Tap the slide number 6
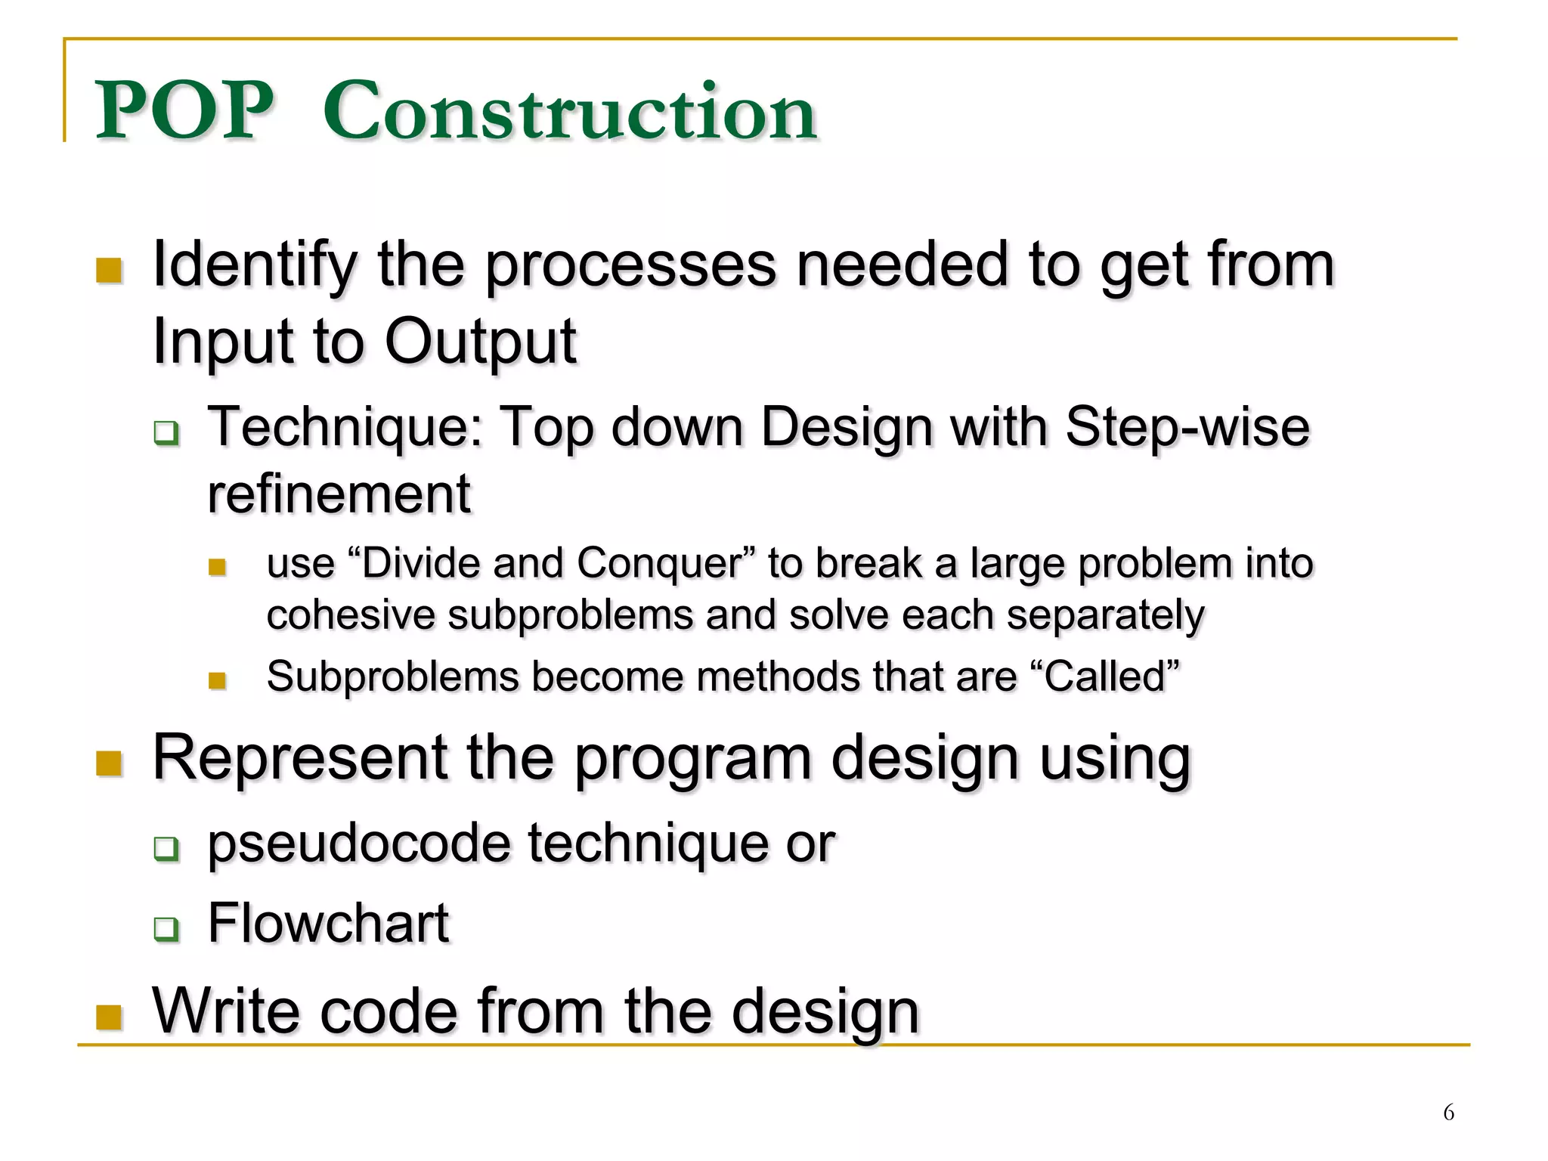(x=1448, y=1113)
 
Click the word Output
(x=480, y=342)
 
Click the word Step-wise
(x=1187, y=428)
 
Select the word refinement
(x=339, y=495)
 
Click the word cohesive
(x=350, y=615)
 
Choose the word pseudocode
(x=359, y=844)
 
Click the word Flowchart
(x=328, y=924)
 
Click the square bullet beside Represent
(x=110, y=763)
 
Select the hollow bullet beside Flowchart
(x=166, y=928)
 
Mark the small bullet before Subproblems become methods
(x=217, y=681)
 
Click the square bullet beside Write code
(x=110, y=1017)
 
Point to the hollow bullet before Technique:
(x=166, y=433)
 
